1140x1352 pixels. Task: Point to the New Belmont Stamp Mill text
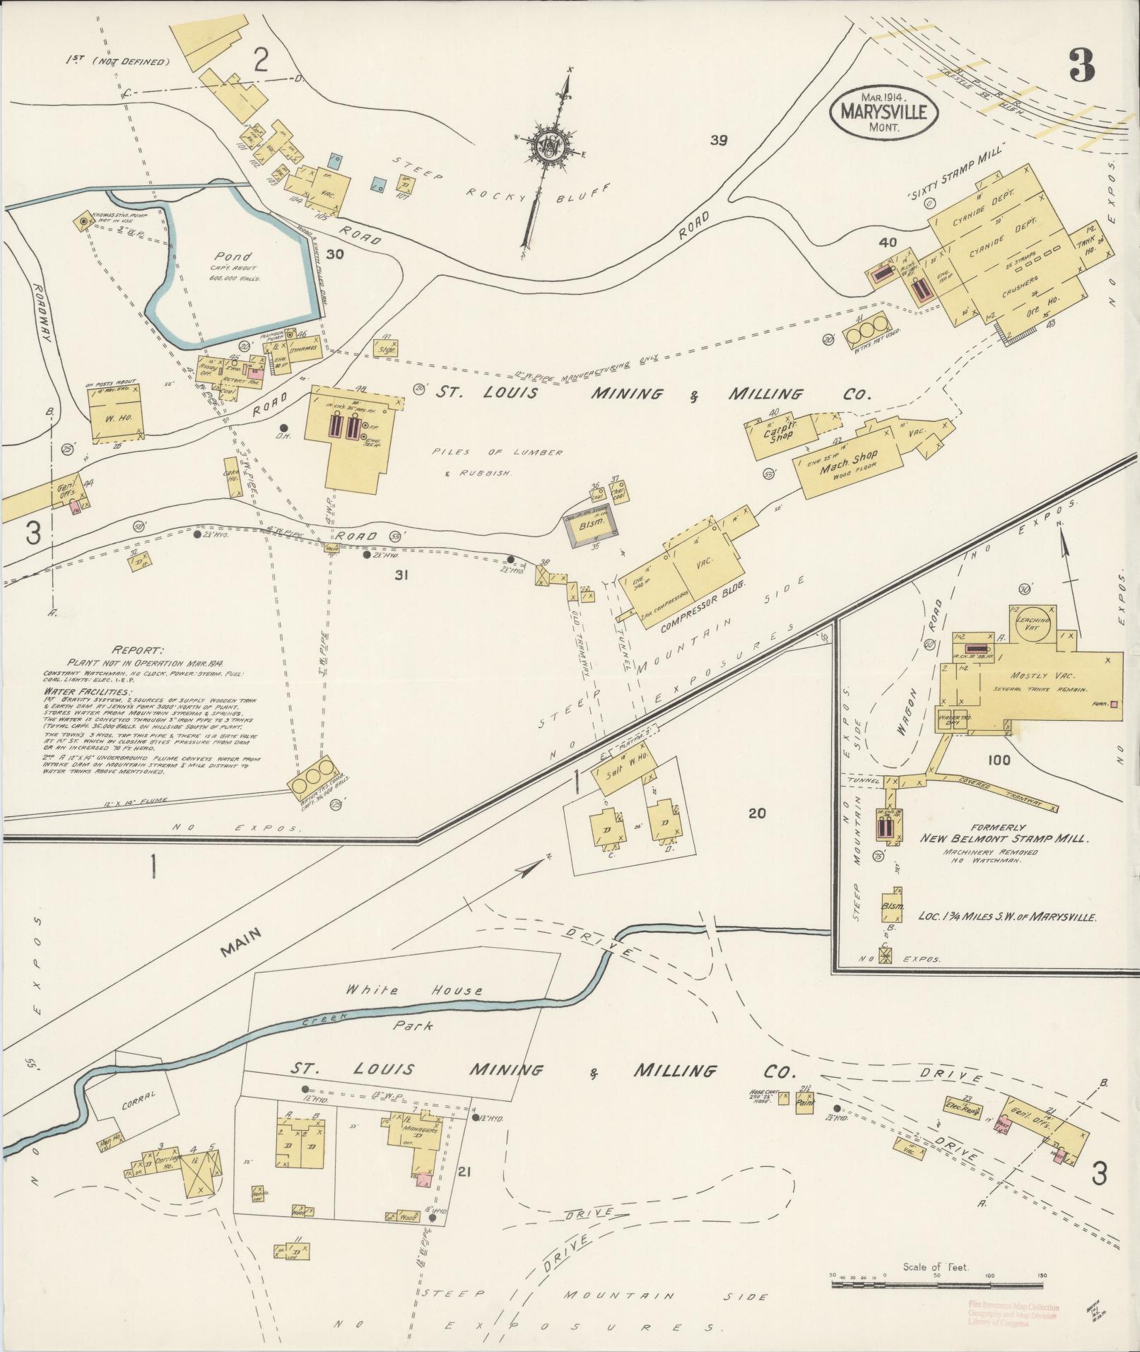point(1004,838)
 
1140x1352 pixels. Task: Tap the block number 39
point(719,140)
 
